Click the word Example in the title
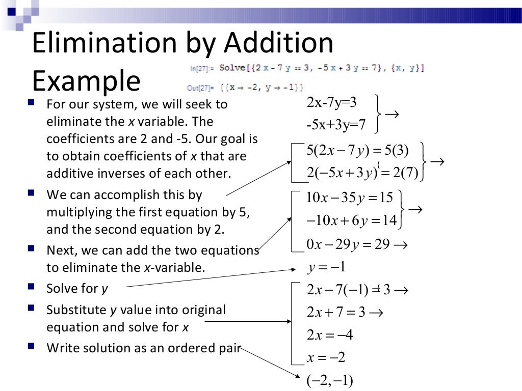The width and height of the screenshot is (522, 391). coord(86,80)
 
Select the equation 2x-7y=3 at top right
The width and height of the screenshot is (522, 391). coord(331,103)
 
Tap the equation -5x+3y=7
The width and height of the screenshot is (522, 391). coord(336,124)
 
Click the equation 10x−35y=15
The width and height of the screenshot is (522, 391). coord(350,198)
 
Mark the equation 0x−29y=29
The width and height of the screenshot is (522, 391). coord(348,244)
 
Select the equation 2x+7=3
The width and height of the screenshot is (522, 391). coord(336,312)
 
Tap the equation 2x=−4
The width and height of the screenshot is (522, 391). coord(330,335)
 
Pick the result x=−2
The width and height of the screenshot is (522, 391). coord(326,358)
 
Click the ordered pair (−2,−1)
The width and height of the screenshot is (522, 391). coord(330,381)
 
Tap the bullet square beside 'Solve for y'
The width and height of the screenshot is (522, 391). coord(32,287)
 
